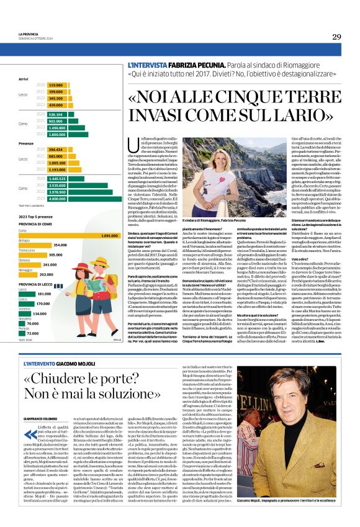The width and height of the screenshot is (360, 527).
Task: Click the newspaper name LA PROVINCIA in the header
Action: (29, 34)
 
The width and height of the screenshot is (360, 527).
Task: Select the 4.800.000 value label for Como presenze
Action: (58, 199)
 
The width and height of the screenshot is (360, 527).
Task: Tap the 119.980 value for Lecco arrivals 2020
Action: (55, 85)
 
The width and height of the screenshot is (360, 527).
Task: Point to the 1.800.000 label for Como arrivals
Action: (58, 134)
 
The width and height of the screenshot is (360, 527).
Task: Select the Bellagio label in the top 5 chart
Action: (24, 240)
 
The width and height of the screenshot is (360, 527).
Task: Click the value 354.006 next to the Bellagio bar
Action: (60, 245)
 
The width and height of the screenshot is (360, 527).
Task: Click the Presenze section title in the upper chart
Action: (26, 143)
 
